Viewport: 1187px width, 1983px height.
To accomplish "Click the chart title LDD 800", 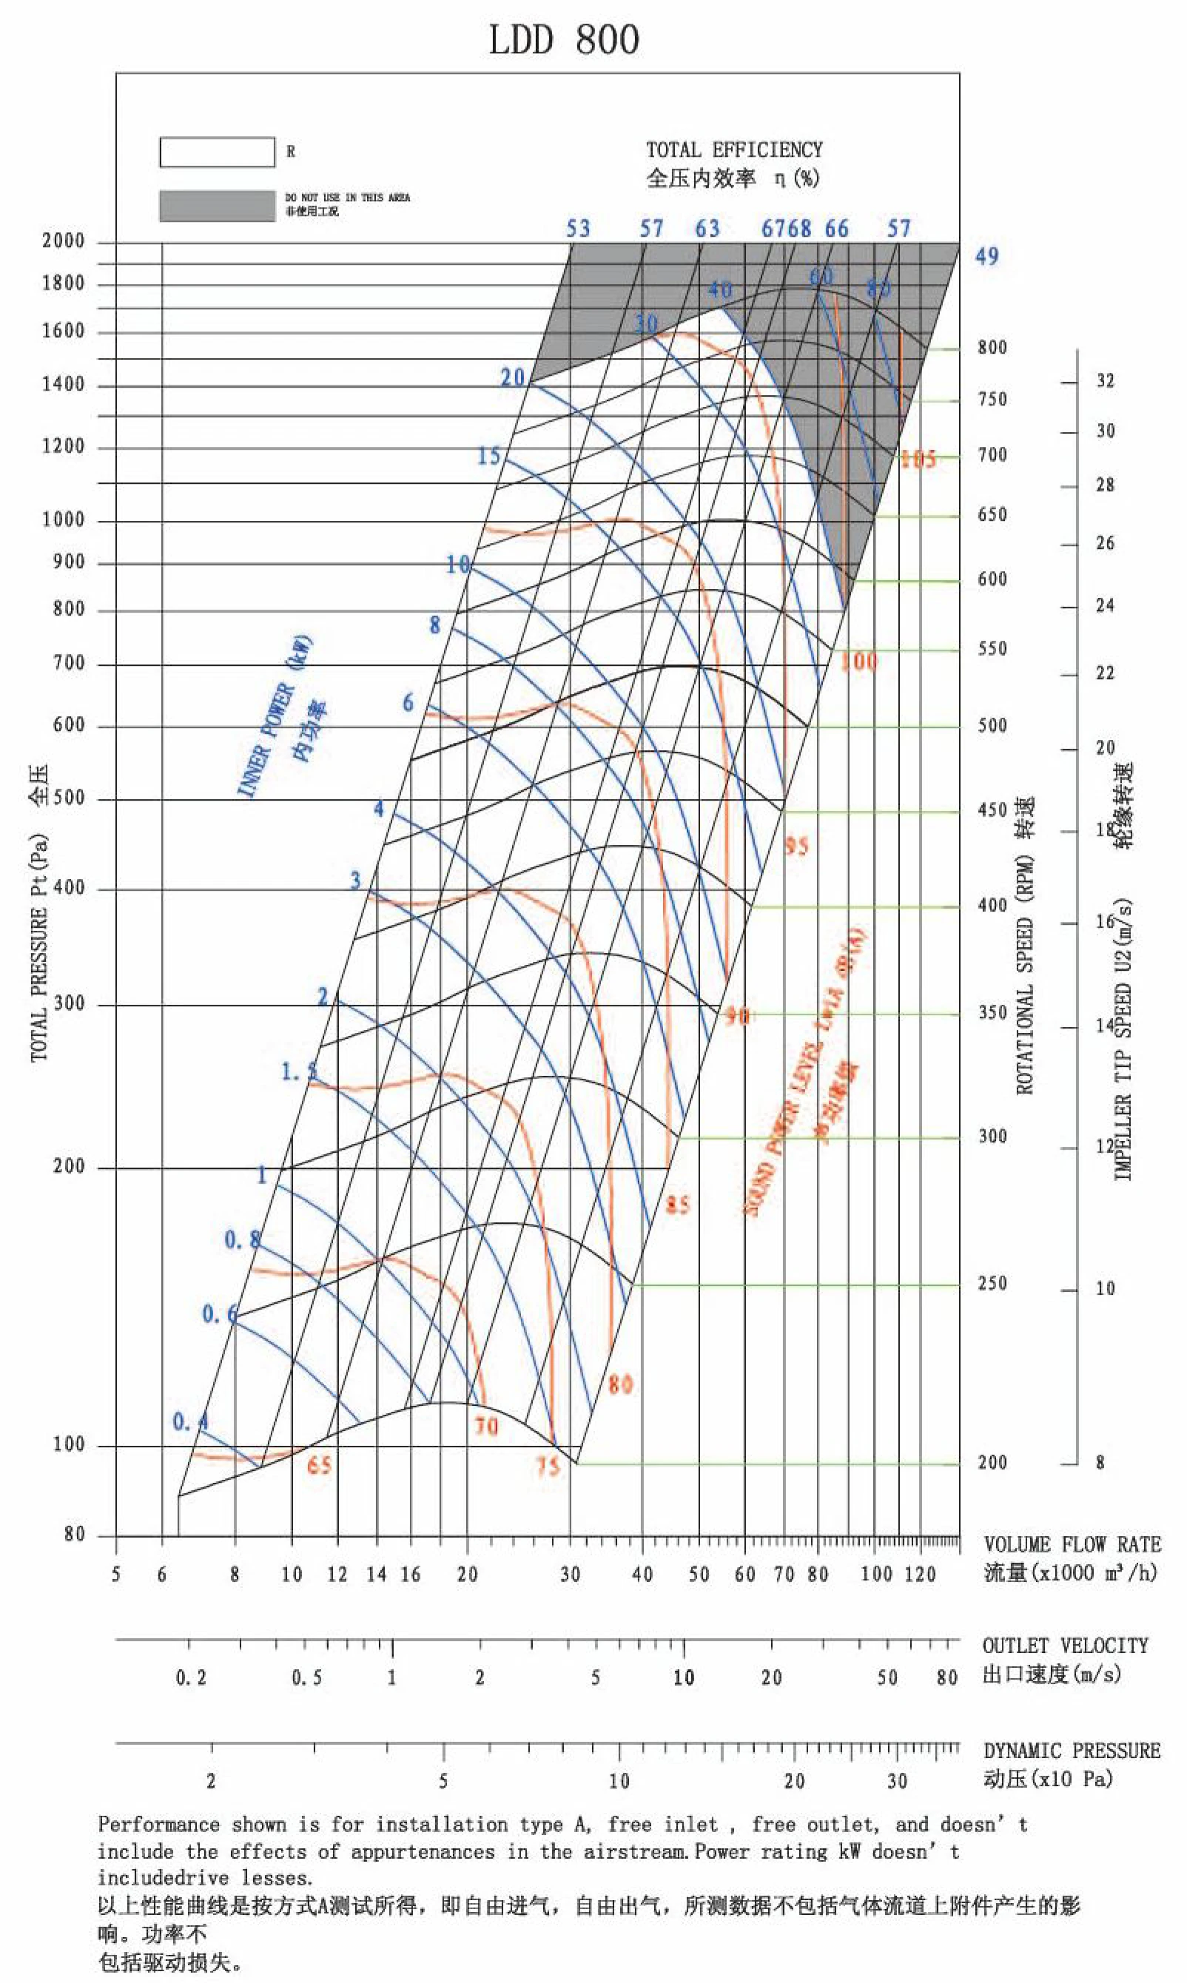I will pos(564,40).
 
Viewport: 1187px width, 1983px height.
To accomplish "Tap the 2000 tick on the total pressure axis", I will pos(63,241).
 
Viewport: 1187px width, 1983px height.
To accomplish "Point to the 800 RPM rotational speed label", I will pos(992,347).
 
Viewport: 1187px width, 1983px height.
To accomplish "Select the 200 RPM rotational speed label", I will pos(992,1462).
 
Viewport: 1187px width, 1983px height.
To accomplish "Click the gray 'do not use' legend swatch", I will pos(217,206).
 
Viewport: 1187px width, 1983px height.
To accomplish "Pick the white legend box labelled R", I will pos(217,152).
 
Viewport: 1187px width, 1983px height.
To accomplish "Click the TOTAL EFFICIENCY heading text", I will pos(733,149).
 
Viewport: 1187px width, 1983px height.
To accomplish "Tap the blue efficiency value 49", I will pos(986,257).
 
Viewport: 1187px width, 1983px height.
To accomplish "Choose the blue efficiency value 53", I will pos(577,229).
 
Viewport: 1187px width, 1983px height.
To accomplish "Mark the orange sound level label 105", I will pos(918,459).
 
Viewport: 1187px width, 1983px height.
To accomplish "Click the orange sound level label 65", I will pos(318,1465).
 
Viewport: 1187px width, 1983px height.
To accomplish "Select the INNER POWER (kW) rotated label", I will pos(275,716).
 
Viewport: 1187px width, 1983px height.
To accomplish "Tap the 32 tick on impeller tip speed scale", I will pos(1105,380).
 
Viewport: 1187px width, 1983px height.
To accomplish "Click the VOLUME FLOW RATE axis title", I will pos(1071,1544).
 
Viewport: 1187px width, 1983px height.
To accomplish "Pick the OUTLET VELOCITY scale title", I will pos(1065,1646).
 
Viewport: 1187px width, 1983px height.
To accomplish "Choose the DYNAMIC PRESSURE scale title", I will pos(1071,1751).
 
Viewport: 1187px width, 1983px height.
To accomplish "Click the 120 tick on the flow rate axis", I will pos(919,1575).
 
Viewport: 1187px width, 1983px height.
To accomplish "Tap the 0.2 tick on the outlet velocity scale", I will pos(190,1677).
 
